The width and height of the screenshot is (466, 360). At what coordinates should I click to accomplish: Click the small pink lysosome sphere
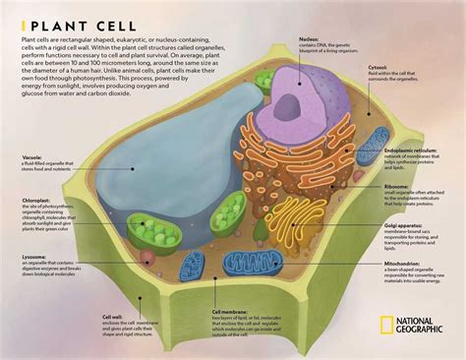click(x=146, y=257)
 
